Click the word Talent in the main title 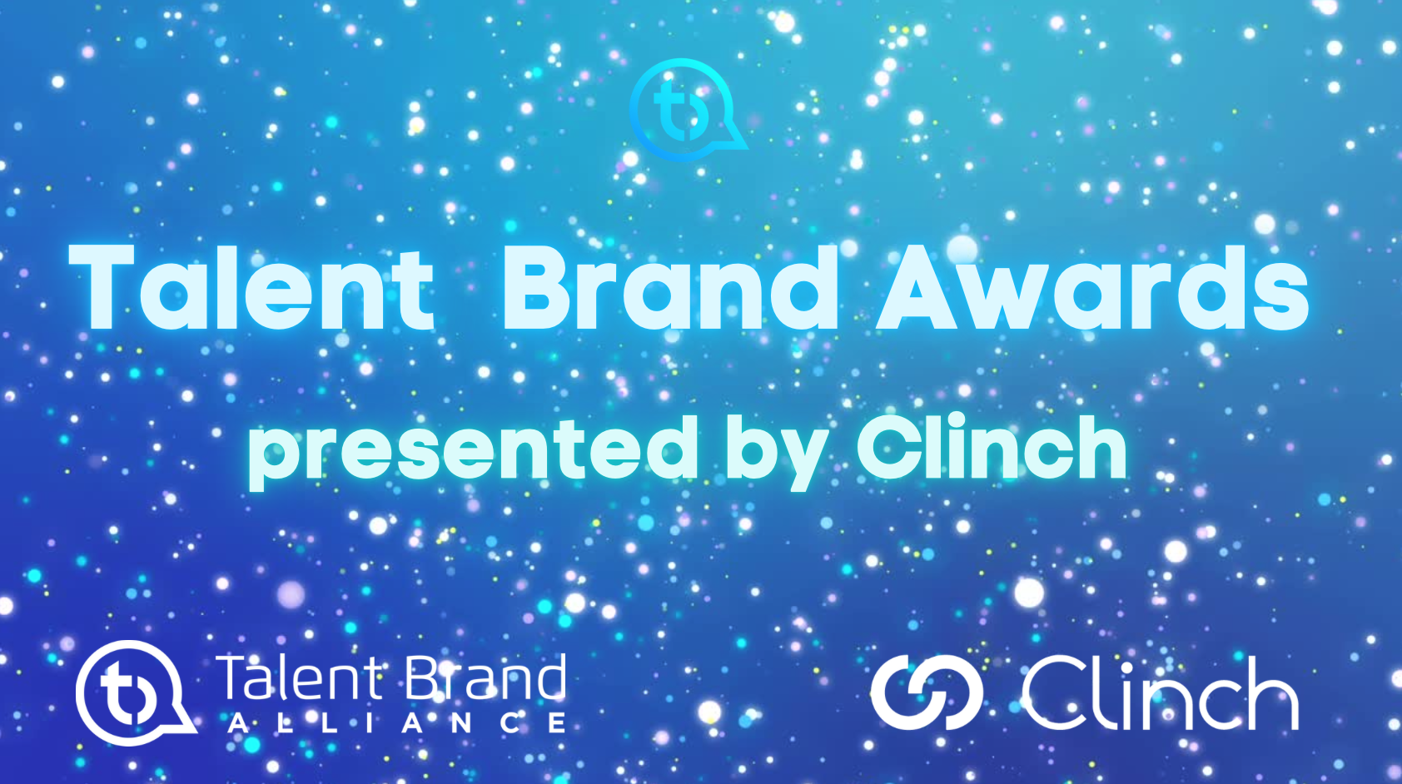coord(251,287)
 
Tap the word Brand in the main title coord(671,287)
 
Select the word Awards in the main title coord(1093,287)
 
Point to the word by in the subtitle coord(774,454)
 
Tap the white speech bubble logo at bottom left coord(133,692)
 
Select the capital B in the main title coord(540,287)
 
